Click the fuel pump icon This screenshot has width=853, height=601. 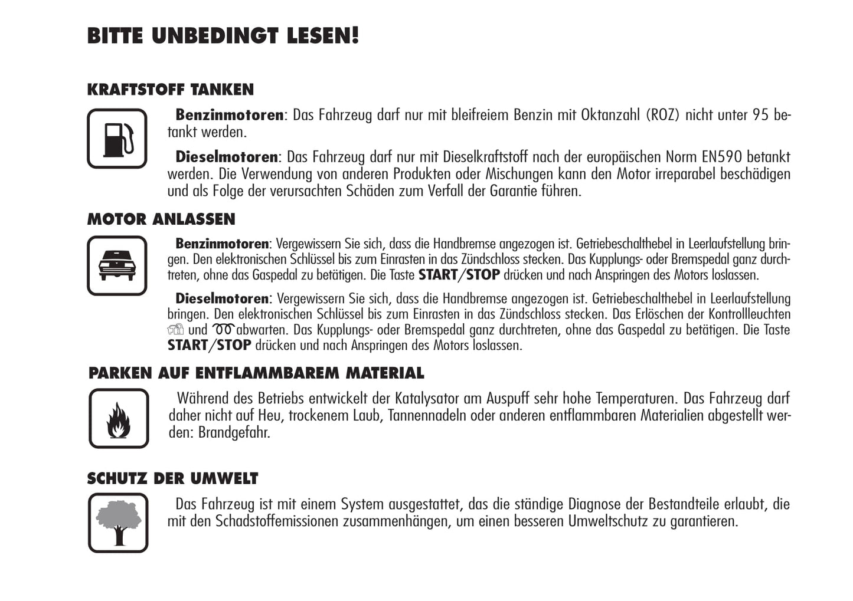click(x=117, y=139)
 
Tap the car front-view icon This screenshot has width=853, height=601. click(x=117, y=265)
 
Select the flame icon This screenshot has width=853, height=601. click(x=119, y=418)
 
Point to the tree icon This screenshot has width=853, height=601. click(x=118, y=523)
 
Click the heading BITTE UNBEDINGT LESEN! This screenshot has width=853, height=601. click(x=223, y=35)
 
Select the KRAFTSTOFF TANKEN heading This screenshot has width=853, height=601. click(x=170, y=90)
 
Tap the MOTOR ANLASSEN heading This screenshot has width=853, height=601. click(x=161, y=219)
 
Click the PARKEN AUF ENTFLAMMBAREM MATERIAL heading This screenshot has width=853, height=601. click(x=256, y=373)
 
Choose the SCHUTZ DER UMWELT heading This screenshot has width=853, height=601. click(x=172, y=478)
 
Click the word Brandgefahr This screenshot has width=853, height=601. click(x=234, y=432)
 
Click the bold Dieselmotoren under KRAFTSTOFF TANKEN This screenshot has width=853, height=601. click(x=227, y=157)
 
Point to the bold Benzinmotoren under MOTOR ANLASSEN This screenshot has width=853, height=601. click(x=222, y=244)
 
